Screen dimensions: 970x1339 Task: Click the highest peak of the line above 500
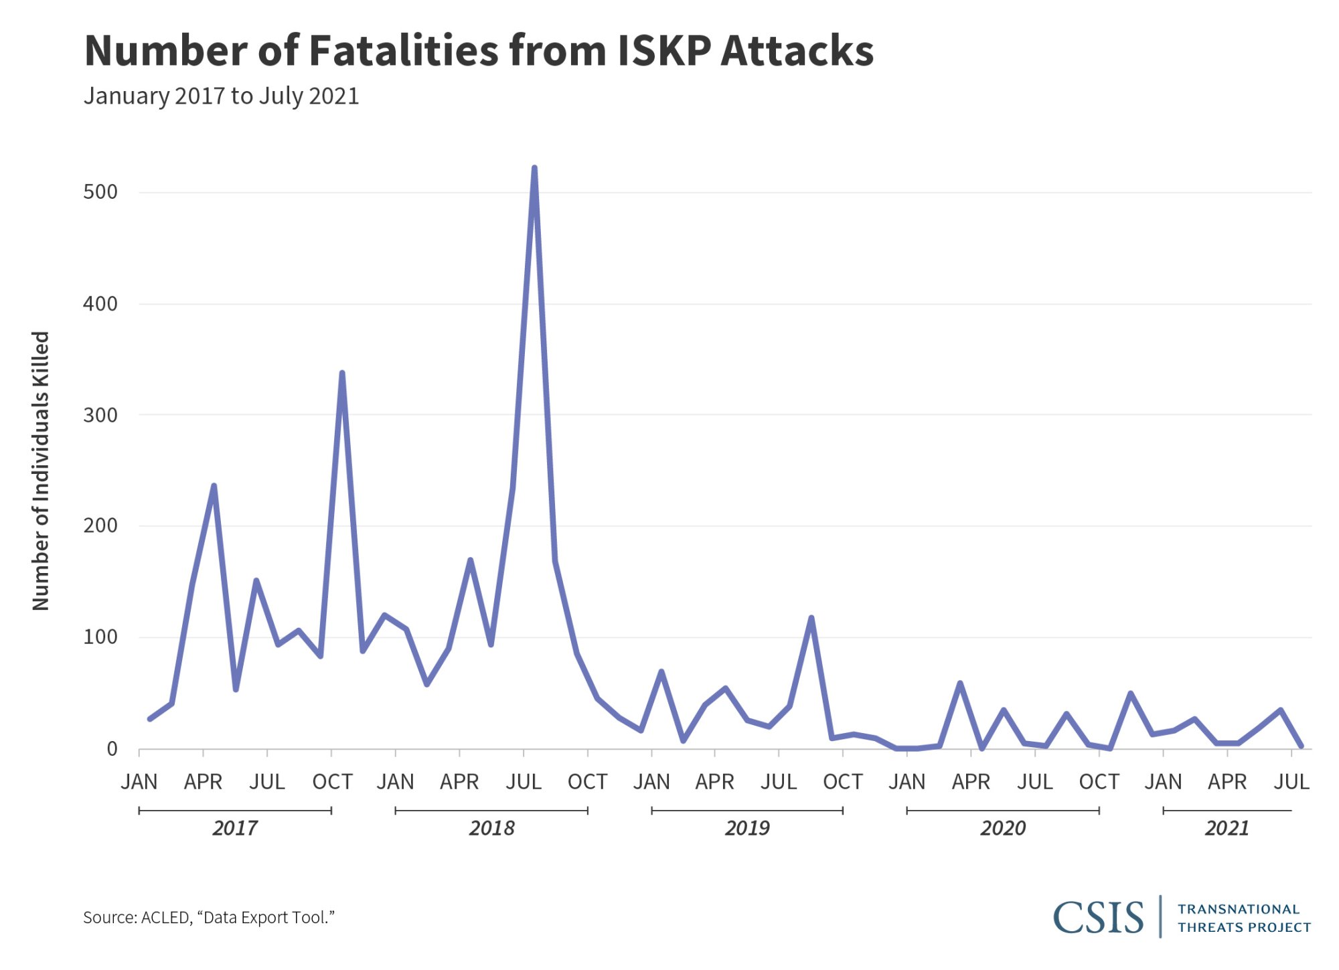tap(534, 168)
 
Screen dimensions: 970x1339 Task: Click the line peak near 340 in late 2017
tap(342, 374)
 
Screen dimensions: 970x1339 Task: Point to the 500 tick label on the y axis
tap(100, 192)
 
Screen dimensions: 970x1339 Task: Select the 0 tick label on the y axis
tap(112, 748)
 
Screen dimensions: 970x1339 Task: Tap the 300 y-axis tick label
tap(100, 415)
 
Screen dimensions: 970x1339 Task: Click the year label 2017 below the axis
tap(235, 828)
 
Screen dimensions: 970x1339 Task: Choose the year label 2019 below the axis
tap(747, 828)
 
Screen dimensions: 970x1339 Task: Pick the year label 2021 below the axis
tap(1227, 828)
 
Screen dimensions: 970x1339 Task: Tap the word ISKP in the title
tap(663, 51)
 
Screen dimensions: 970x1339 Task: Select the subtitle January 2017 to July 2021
tap(221, 96)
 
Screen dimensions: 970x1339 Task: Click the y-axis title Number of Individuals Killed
tap(41, 471)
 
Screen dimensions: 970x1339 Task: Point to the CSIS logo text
tap(1098, 917)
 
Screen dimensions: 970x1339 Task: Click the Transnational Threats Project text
tap(1244, 918)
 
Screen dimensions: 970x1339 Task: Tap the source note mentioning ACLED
tap(208, 917)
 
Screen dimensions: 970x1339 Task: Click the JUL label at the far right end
tap(1291, 782)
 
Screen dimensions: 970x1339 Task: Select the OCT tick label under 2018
tap(587, 782)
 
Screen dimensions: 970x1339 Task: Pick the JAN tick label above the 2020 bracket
tap(907, 782)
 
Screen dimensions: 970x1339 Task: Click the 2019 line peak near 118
tap(811, 618)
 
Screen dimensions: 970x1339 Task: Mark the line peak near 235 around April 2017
tap(214, 486)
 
